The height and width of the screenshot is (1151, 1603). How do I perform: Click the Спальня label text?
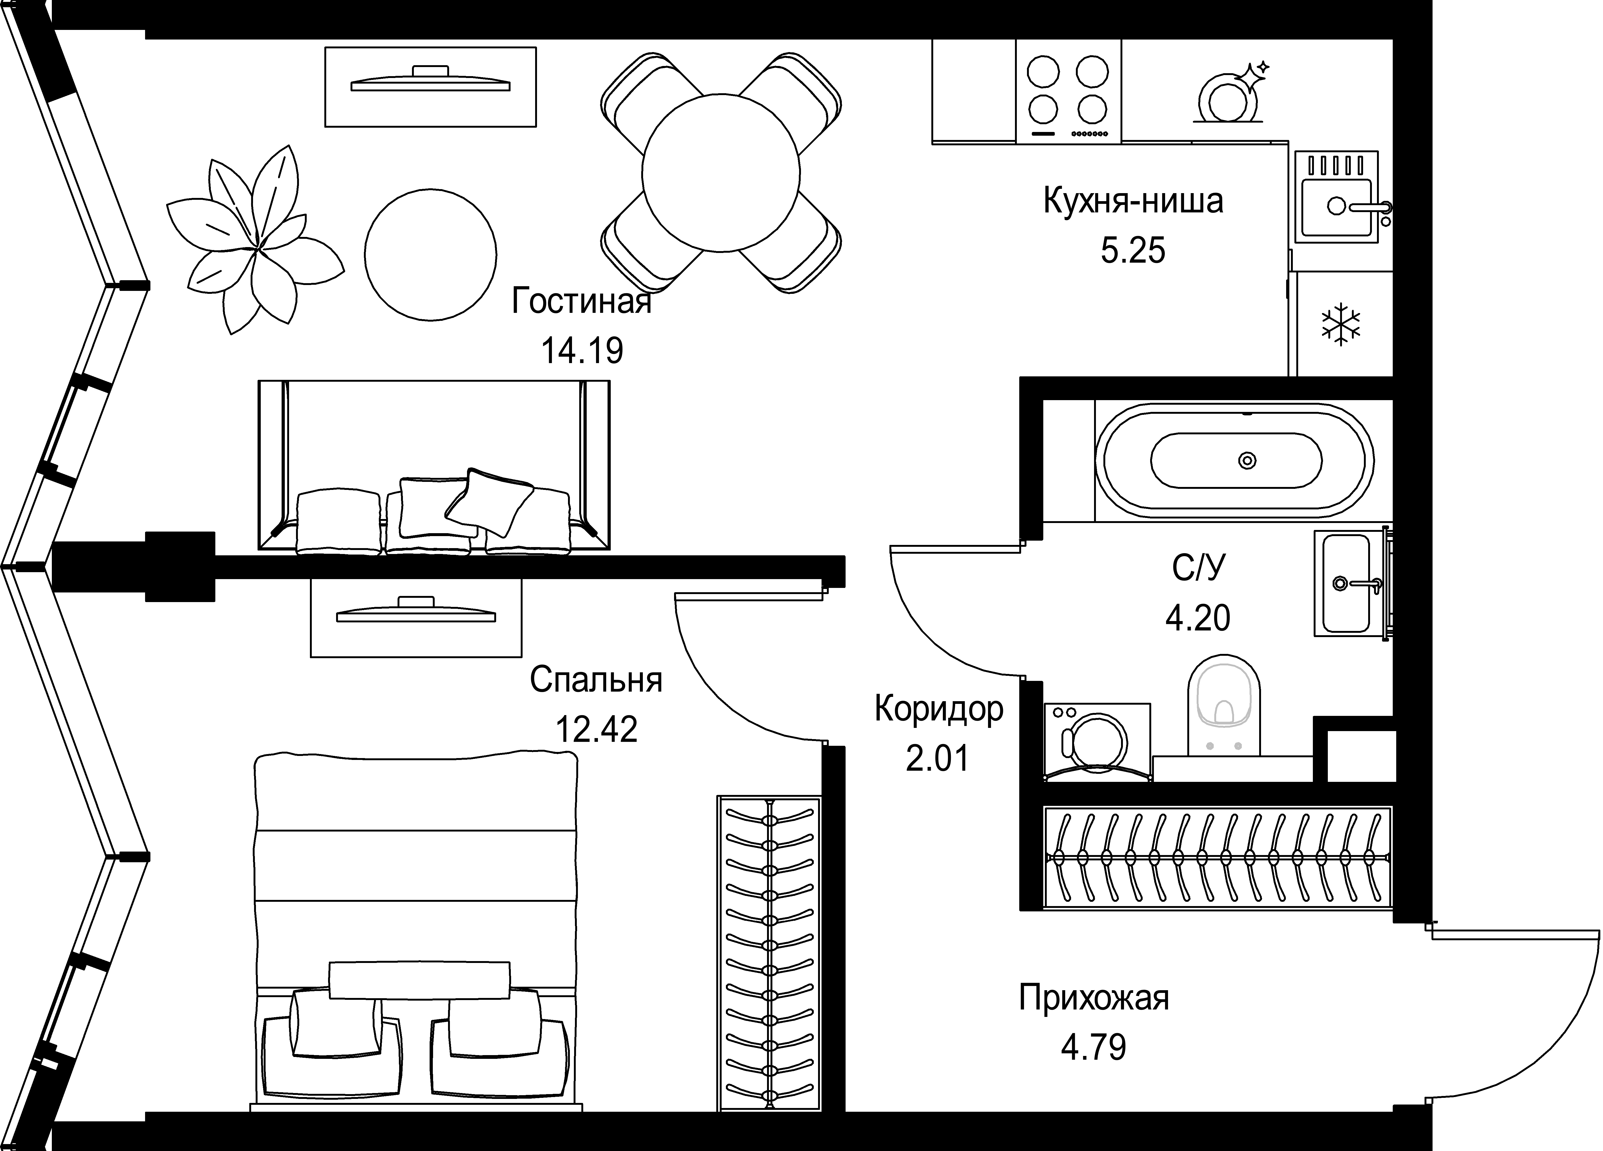coord(596,680)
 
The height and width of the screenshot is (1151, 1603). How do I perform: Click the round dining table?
coord(721,173)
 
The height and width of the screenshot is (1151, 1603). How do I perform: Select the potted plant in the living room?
coord(256,240)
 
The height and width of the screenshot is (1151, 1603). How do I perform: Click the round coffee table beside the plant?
coord(430,254)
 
